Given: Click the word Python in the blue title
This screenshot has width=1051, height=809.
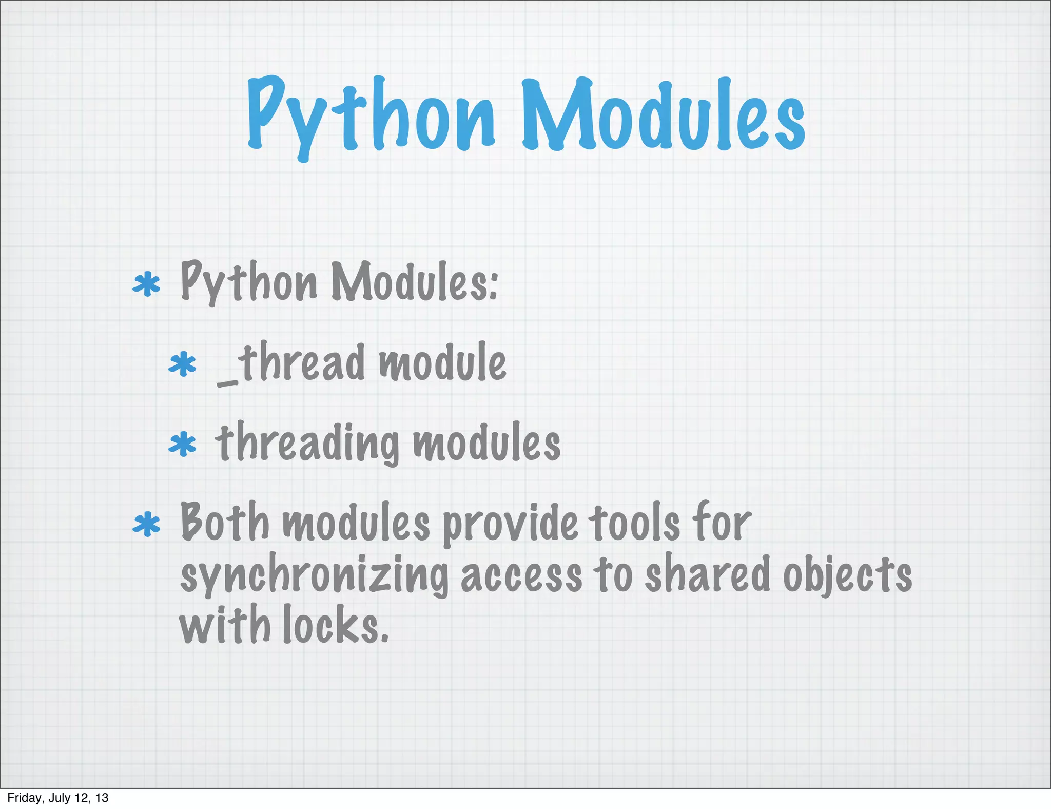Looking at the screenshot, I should (371, 115).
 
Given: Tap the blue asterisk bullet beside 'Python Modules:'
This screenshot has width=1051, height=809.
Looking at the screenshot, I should (147, 284).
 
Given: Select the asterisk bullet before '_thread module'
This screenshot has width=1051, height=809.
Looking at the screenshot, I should (183, 364).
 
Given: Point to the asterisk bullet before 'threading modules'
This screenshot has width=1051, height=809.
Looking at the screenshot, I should (183, 444).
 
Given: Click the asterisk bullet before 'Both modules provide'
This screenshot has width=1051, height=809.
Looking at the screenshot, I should (147, 525).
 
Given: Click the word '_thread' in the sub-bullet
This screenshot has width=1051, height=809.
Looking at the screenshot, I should (291, 363).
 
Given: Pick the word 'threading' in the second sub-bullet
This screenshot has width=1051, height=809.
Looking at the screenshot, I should (307, 443).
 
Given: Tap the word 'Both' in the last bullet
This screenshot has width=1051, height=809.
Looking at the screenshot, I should (225, 523).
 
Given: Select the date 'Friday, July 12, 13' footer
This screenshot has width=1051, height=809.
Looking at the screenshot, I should (58, 798).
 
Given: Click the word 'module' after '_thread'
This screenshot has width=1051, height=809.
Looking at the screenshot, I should (442, 363).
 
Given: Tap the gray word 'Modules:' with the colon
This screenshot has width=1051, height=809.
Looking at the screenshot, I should (415, 282).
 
